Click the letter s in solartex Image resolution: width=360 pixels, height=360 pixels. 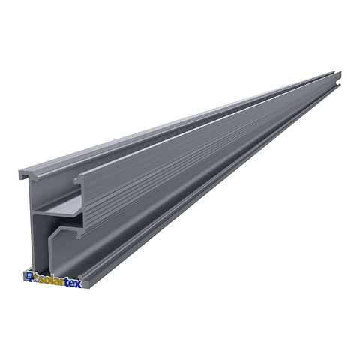coord(40,278)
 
